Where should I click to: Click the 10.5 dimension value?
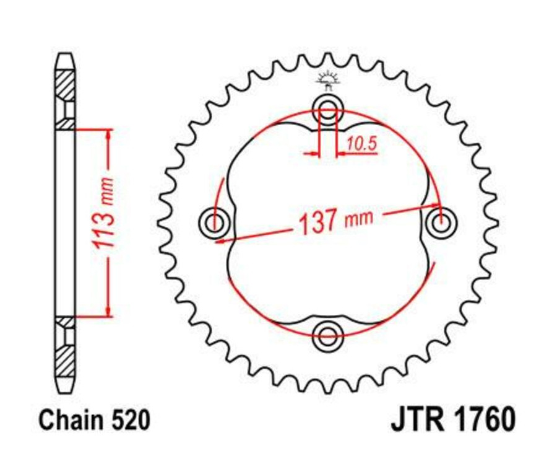[x=361, y=144]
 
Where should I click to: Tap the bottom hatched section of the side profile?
[x=65, y=360]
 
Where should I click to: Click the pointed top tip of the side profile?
[x=65, y=56]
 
